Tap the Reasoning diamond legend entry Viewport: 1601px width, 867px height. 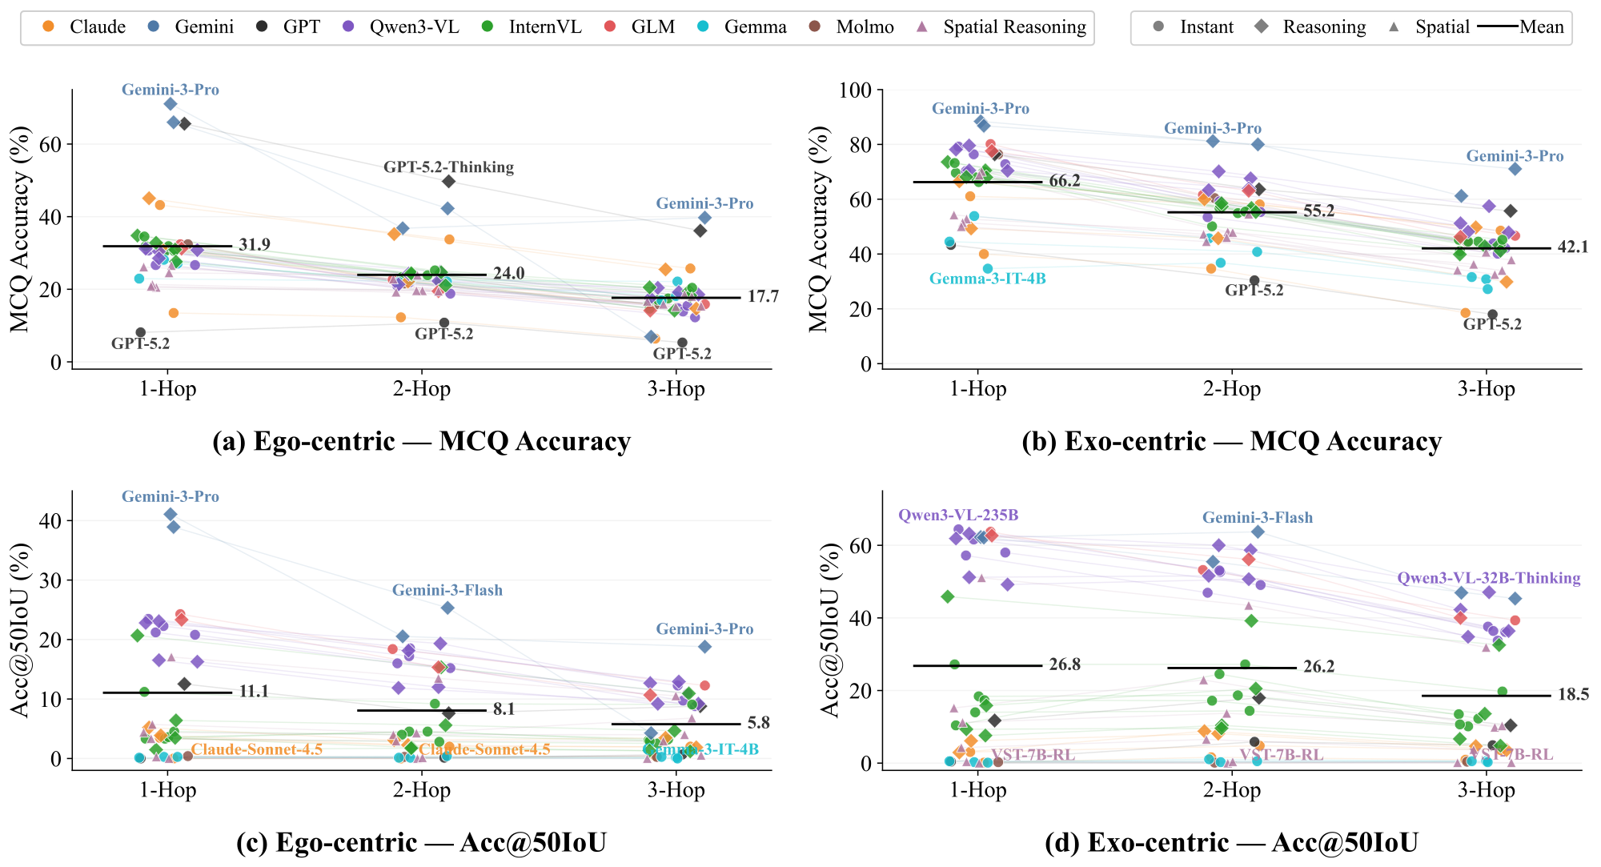click(x=1313, y=27)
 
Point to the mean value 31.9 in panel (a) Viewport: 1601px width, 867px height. click(x=255, y=245)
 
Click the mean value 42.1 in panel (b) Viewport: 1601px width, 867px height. click(x=1572, y=247)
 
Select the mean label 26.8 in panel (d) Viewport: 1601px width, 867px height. click(x=1065, y=665)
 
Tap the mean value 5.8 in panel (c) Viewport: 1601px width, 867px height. click(x=758, y=723)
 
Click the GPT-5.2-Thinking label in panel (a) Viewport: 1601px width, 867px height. click(x=448, y=167)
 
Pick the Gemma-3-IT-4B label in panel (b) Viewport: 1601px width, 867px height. click(x=987, y=279)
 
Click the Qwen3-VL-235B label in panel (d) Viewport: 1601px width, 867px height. click(x=958, y=516)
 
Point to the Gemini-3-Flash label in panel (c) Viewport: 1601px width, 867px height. click(x=447, y=591)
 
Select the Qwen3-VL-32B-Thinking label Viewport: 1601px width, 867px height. click(x=1488, y=578)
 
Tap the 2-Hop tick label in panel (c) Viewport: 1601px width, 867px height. click(x=421, y=791)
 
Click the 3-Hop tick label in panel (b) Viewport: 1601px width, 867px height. click(x=1486, y=390)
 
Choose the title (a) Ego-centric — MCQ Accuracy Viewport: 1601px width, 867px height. click(x=421, y=442)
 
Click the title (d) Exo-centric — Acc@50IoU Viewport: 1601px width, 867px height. click(x=1231, y=842)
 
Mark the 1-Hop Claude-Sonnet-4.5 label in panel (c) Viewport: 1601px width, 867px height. click(x=256, y=749)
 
